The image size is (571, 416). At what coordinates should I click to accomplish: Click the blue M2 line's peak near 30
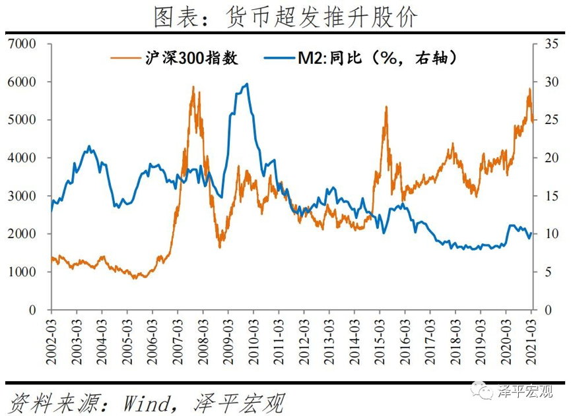tap(246, 84)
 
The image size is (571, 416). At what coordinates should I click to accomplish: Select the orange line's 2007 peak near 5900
tap(193, 86)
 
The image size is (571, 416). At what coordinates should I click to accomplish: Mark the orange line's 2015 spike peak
tap(386, 107)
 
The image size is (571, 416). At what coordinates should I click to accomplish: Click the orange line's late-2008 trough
tap(220, 247)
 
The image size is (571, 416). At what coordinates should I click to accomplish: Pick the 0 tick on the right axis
tap(546, 310)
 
